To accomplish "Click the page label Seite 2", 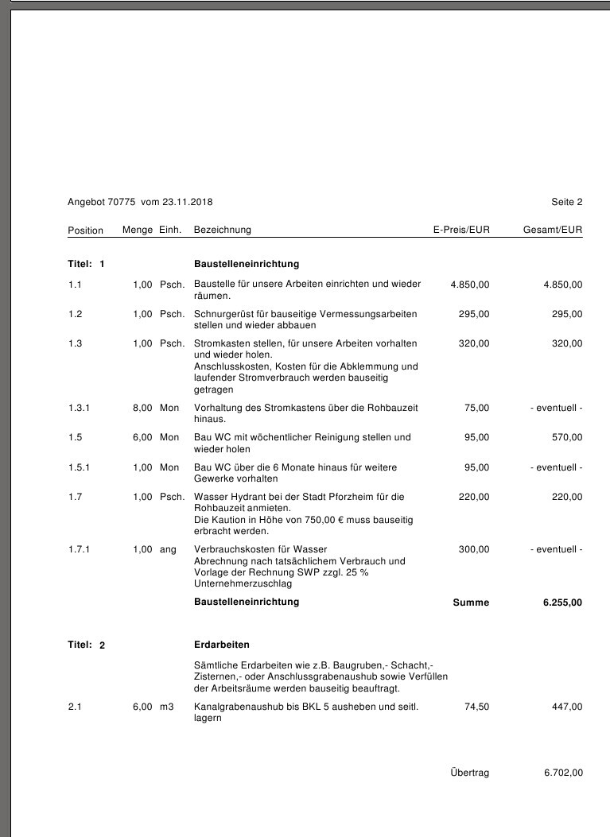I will tap(566, 202).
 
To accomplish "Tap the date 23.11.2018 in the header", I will tap(188, 202).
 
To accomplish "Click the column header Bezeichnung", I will tap(223, 230).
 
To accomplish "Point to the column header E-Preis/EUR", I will tap(461, 230).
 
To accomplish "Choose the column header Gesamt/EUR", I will tap(553, 230).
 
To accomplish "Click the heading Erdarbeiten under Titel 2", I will tap(222, 644).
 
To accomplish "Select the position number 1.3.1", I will tap(80, 408).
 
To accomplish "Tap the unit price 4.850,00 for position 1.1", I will tap(470, 284).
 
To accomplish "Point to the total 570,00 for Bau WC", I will tap(567, 437).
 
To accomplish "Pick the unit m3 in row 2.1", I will tap(166, 707).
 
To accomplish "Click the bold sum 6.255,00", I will tap(562, 603).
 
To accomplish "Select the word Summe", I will tap(471, 603).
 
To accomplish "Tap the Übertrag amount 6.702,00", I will tap(563, 773).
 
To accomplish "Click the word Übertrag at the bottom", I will tap(469, 773).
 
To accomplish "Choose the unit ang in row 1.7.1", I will tap(168, 549).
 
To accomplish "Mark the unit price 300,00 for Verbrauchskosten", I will tap(474, 549).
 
